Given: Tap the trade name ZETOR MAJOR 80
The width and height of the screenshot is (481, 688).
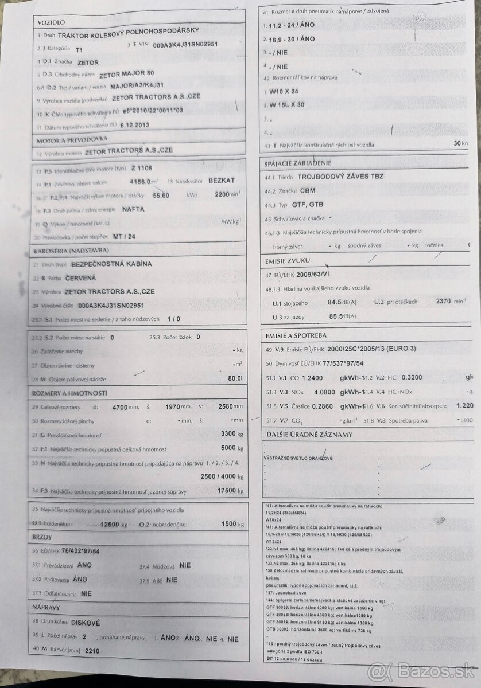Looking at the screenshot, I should tap(126, 74).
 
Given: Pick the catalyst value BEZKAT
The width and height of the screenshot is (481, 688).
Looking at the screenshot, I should tap(222, 180).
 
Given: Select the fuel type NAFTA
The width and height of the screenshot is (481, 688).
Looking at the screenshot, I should tap(133, 209).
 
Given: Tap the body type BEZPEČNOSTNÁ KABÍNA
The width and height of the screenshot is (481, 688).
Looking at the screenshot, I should tap(111, 264).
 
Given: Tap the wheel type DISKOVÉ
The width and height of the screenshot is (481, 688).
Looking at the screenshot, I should tap(85, 622).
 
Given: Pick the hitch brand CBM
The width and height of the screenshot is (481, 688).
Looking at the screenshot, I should tap(307, 190).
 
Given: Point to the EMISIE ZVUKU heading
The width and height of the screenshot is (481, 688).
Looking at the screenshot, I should tap(287, 260).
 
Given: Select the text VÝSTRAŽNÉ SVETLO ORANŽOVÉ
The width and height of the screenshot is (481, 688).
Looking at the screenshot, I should tap(298, 458).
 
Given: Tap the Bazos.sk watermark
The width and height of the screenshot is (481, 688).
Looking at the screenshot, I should tap(424, 671).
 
